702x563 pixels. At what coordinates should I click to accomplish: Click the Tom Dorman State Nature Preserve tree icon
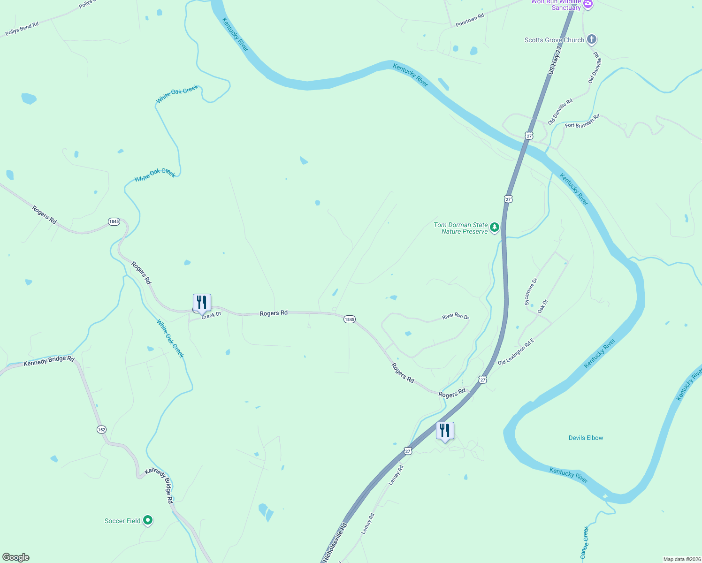pyautogui.click(x=494, y=228)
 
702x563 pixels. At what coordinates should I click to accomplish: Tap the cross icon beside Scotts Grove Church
pyautogui.click(x=592, y=39)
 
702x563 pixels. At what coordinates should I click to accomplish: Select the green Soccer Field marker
pyautogui.click(x=148, y=520)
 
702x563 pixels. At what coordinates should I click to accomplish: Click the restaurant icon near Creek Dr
pyautogui.click(x=202, y=302)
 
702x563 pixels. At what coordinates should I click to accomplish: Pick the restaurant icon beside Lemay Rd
pyautogui.click(x=445, y=430)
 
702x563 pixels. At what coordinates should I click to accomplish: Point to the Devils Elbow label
pyautogui.click(x=586, y=438)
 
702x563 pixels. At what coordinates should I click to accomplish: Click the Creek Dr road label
pyautogui.click(x=211, y=315)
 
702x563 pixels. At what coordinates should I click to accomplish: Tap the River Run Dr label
pyautogui.click(x=455, y=317)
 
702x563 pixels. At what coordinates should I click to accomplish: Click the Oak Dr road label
pyautogui.click(x=542, y=306)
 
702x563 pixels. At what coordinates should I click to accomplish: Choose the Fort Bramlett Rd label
pyautogui.click(x=582, y=122)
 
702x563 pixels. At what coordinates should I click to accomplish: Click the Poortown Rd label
pyautogui.click(x=469, y=20)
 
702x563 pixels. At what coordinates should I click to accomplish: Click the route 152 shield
pyautogui.click(x=102, y=429)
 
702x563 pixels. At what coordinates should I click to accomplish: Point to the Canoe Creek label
pyautogui.click(x=585, y=543)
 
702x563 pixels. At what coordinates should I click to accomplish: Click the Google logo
pyautogui.click(x=16, y=557)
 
